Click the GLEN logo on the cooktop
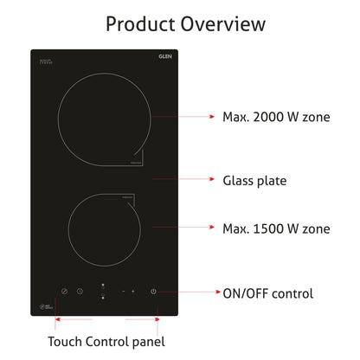(x=165, y=57)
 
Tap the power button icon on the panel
(x=153, y=292)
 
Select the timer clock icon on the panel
(x=79, y=292)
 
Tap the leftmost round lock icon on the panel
(x=64, y=292)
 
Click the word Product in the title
(x=141, y=23)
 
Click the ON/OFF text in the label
(x=247, y=293)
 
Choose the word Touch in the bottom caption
(x=67, y=341)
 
